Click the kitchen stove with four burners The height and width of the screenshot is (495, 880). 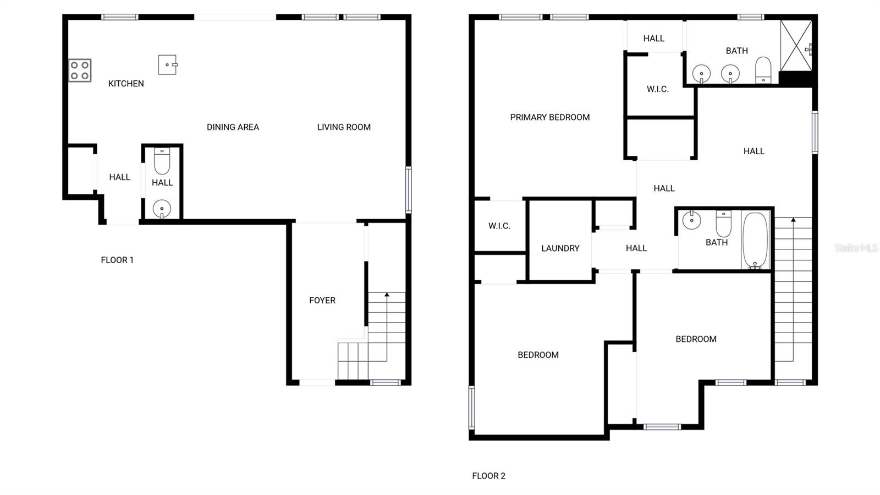[80, 70]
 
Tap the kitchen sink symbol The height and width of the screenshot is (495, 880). [167, 64]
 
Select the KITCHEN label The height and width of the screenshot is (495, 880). [126, 84]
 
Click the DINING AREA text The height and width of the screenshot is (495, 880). [233, 127]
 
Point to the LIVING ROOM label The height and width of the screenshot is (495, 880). [344, 127]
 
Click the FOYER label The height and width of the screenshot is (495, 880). [322, 300]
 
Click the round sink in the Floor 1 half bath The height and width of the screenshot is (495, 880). [162, 209]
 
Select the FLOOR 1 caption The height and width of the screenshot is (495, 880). [117, 260]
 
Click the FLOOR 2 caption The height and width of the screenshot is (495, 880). [488, 476]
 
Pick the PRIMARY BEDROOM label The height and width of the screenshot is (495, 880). [549, 117]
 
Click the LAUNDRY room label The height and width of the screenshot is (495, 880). [560, 248]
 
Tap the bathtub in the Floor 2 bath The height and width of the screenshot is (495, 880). [755, 241]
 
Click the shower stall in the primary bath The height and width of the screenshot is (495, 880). [796, 46]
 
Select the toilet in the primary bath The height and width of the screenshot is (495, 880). [763, 70]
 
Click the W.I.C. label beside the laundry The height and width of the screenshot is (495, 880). [499, 226]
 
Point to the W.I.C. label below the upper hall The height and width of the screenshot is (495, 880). [658, 89]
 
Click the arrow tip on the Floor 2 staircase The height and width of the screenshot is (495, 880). [793, 220]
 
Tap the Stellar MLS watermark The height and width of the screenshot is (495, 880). [856, 248]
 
